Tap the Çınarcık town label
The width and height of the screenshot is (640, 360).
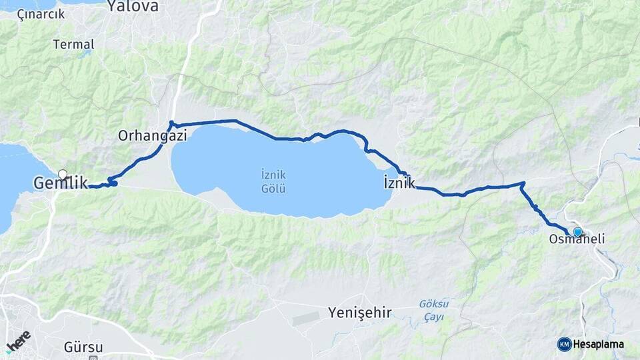pos(41,13)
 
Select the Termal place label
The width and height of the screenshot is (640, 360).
pos(73,44)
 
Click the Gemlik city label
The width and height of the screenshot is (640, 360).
pos(61,183)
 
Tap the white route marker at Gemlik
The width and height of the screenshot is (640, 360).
pos(63,175)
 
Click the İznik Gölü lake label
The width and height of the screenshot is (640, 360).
pos(273,181)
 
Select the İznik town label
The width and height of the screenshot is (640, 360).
pos(399,183)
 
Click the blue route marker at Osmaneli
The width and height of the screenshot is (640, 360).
pos(577,232)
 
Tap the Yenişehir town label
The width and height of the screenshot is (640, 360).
pos(359,312)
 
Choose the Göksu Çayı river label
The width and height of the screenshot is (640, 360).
pos(433,310)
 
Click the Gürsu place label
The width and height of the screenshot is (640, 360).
pos(83,347)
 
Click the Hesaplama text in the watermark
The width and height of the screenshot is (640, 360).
pos(599,344)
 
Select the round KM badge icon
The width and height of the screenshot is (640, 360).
pos(564,344)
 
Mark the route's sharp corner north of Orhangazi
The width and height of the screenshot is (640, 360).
pos(171,123)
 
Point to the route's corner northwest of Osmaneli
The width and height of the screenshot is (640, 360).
pos(523,183)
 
